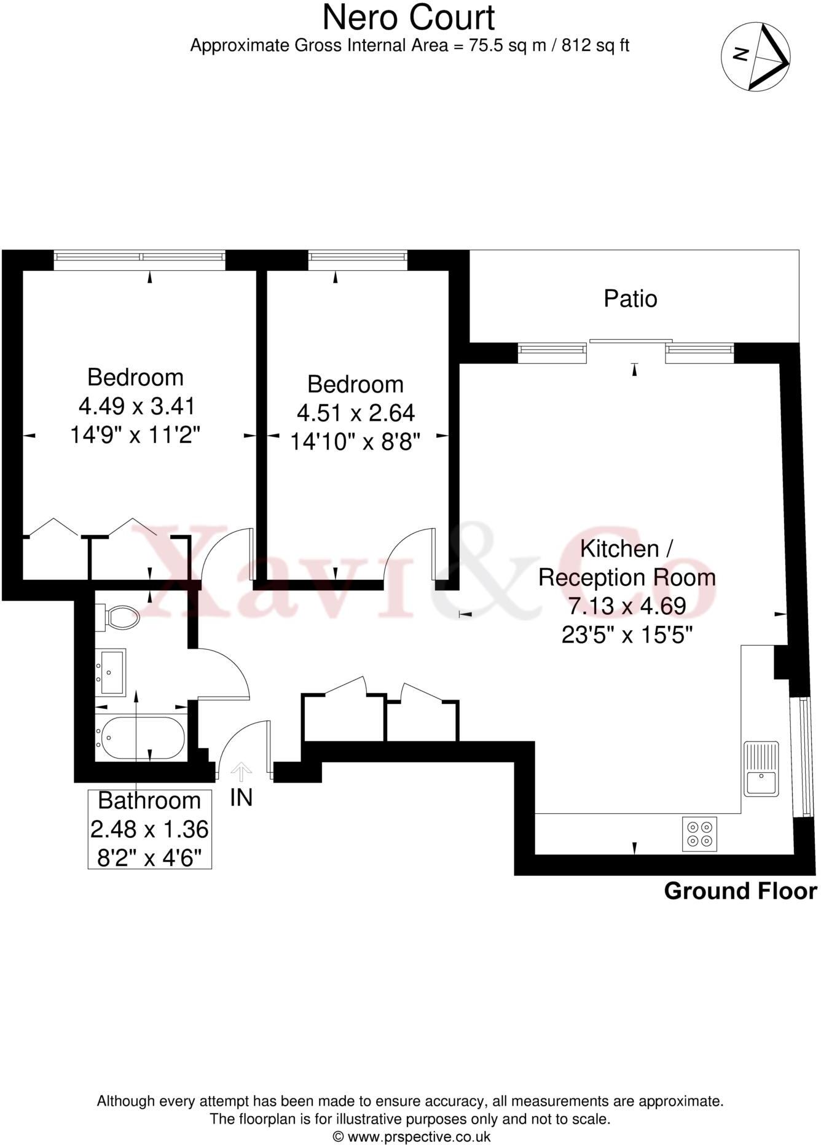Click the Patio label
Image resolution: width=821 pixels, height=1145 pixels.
(630, 299)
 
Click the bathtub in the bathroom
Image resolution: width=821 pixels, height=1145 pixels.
(141, 737)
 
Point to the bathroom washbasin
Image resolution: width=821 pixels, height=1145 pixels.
(111, 671)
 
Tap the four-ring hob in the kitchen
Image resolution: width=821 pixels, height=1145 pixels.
(699, 834)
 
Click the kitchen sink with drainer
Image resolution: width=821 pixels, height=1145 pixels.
(761, 768)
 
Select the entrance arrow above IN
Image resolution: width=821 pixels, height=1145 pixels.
(241, 771)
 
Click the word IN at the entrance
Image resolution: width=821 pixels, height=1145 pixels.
(241, 797)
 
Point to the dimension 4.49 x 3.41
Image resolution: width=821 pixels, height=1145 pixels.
(136, 406)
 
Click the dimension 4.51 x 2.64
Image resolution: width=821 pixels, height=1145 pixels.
(356, 413)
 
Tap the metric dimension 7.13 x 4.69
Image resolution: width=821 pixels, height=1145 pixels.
(627, 606)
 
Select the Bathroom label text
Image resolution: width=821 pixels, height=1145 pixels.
(149, 800)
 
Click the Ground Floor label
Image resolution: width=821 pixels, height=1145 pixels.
(740, 891)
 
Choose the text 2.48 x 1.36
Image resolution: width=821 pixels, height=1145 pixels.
(149, 829)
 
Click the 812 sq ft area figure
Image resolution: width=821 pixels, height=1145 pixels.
(595, 45)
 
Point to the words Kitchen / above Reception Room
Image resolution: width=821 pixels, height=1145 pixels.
(627, 549)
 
